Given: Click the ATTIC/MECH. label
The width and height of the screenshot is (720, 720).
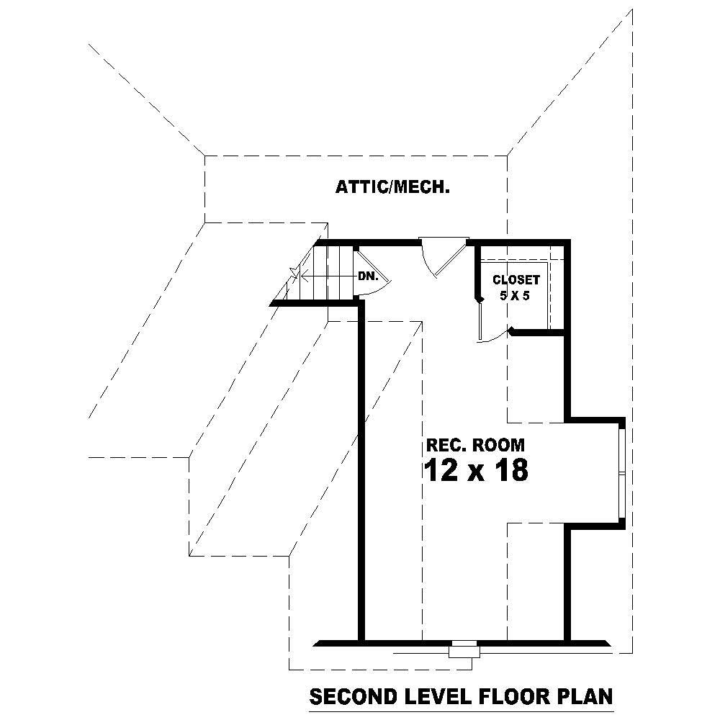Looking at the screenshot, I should tap(392, 188).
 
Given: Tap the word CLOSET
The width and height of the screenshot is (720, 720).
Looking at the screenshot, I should tap(516, 280).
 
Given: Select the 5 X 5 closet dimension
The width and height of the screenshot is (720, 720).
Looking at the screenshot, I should tap(516, 295).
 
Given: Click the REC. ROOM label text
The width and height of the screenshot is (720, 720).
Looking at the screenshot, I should tap(475, 444).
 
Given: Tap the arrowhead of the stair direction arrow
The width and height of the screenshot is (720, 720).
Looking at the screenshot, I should tap(305, 276).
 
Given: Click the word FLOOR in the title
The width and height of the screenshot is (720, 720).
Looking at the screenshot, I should tap(512, 697).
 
